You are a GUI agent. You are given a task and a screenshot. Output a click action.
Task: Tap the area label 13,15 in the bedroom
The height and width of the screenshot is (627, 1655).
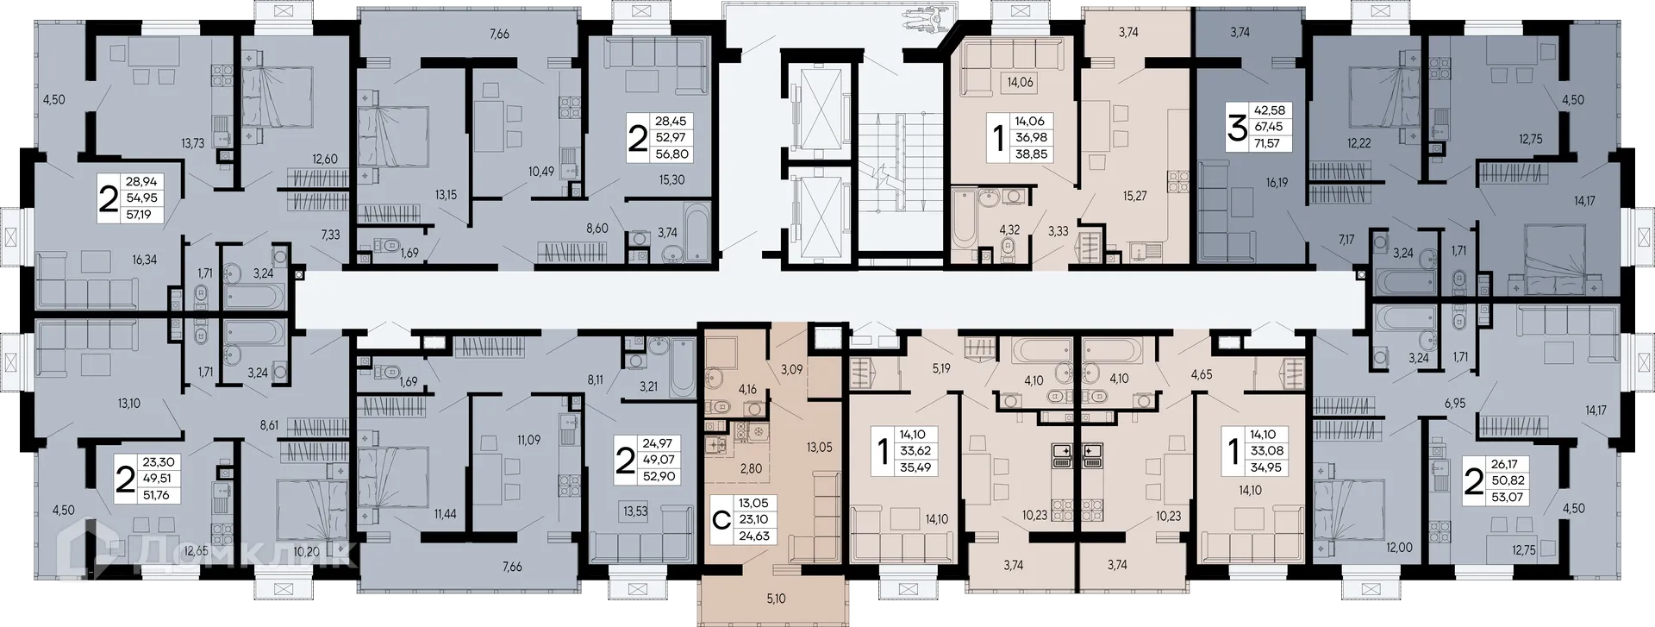[446, 195]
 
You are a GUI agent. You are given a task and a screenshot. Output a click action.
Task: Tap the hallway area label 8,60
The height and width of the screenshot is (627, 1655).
[596, 229]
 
